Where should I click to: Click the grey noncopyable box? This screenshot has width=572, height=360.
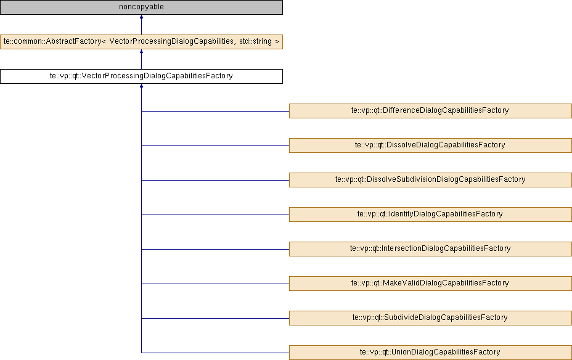click(141, 7)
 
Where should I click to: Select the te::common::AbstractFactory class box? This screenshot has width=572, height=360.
click(141, 41)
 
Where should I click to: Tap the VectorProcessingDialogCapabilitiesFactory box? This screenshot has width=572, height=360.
click(141, 76)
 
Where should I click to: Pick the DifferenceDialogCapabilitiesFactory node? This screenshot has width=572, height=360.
click(430, 111)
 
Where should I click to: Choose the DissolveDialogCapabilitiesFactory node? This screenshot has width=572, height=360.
click(430, 145)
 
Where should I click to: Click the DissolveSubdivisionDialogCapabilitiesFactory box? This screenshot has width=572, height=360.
click(430, 180)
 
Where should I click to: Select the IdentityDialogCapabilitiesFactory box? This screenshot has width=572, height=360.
click(430, 215)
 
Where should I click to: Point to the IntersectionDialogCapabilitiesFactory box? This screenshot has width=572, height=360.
click(430, 249)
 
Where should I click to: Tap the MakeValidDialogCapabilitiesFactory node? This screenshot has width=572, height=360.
click(430, 284)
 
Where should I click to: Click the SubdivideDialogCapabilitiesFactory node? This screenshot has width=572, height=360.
click(430, 318)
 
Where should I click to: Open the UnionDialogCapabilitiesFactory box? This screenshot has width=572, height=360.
click(430, 353)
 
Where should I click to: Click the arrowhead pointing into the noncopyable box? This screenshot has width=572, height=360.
click(141, 17)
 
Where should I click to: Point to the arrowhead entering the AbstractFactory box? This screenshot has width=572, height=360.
click(141, 51)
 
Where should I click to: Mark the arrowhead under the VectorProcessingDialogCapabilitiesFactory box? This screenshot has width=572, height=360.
click(141, 86)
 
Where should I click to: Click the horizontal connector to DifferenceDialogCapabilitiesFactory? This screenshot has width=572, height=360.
click(215, 111)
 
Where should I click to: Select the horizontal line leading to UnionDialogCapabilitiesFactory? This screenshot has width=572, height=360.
click(215, 353)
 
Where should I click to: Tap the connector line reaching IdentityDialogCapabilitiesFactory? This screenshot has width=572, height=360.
click(215, 215)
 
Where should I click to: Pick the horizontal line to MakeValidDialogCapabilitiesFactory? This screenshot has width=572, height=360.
click(215, 284)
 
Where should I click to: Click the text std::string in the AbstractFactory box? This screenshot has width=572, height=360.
click(255, 41)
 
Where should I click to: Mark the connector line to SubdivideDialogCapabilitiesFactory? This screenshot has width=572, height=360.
click(215, 319)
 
